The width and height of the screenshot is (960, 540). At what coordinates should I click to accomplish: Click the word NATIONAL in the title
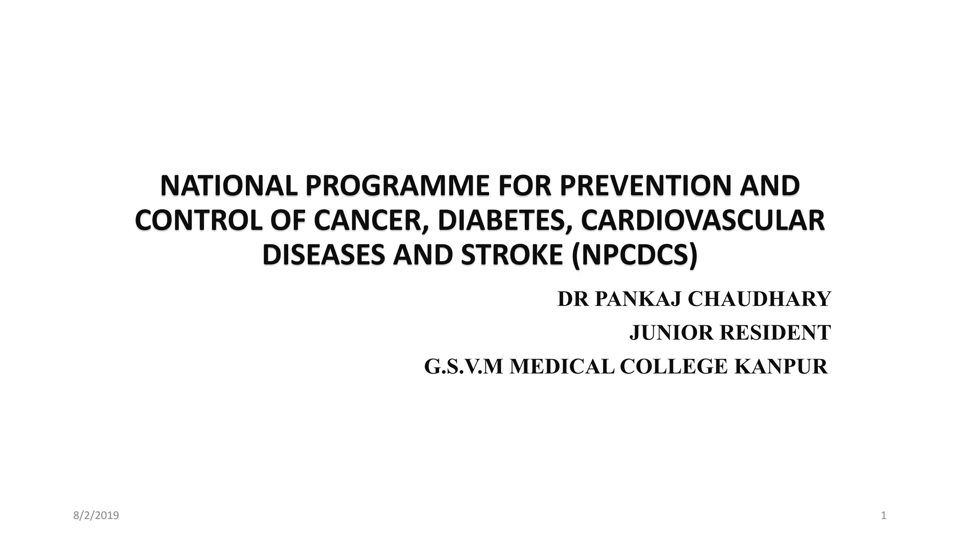(229, 186)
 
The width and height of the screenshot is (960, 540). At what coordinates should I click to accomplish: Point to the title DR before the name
(573, 299)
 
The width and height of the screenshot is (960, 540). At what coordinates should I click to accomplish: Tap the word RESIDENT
(775, 333)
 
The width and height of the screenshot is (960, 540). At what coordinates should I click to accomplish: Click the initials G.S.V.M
(463, 367)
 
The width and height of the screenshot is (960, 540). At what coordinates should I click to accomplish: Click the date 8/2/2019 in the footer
(96, 516)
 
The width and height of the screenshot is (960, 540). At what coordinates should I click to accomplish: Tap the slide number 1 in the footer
(884, 516)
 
